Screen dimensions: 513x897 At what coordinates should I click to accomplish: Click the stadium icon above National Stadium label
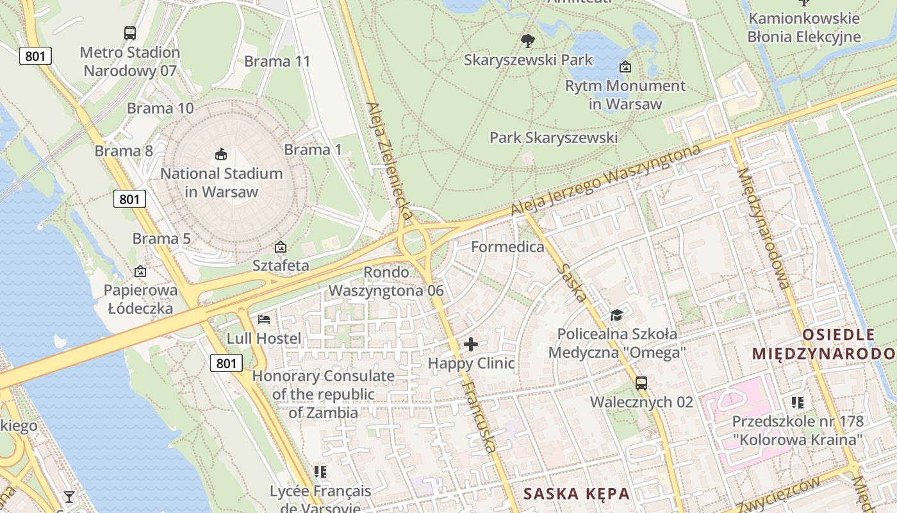(221, 154)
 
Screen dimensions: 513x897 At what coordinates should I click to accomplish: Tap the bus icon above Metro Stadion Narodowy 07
(130, 33)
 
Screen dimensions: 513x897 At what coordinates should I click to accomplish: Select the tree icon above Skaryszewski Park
(528, 41)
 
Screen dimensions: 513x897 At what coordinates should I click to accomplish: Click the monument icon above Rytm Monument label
(625, 67)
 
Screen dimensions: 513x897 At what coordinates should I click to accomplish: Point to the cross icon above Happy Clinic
(471, 344)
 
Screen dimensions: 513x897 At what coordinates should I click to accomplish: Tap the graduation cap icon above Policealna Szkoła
(616, 315)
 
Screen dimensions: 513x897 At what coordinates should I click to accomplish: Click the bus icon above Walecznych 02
(641, 383)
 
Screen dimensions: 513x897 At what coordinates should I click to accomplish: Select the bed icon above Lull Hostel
(264, 319)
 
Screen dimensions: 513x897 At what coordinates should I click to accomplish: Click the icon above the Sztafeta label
(280, 247)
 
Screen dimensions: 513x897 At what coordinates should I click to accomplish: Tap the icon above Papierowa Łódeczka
(140, 271)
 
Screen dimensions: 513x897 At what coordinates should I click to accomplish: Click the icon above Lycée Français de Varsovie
(320, 472)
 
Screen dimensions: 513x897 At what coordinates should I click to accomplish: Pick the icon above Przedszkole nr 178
(798, 403)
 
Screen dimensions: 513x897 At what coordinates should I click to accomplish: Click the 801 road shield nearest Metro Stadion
(35, 56)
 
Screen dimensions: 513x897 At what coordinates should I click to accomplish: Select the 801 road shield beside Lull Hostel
(226, 364)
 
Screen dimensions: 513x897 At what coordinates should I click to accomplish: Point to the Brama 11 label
(277, 62)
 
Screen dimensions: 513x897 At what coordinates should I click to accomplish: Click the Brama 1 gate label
(313, 150)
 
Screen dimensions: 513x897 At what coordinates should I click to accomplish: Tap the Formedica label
(507, 247)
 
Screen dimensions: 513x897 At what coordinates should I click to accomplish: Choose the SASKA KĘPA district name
(577, 494)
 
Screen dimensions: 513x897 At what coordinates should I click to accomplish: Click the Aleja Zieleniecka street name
(388, 160)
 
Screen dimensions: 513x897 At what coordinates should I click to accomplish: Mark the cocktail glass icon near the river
(69, 497)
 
